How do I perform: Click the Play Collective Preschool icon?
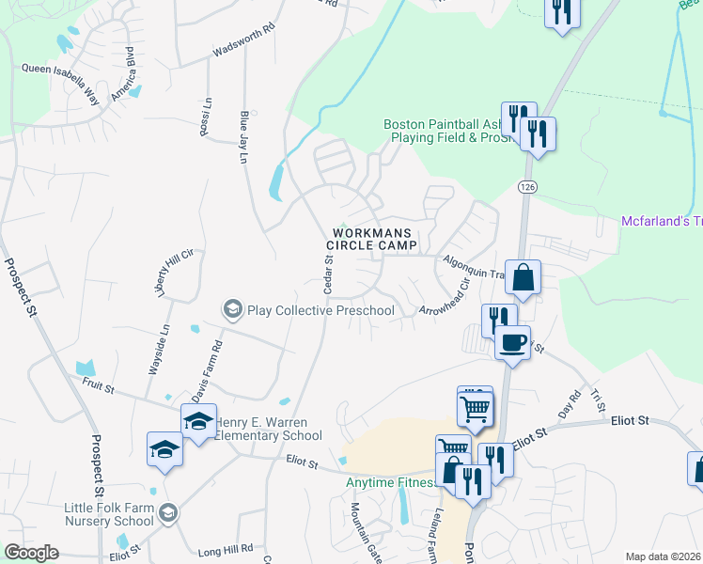point(232,308)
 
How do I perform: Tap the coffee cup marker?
point(512,342)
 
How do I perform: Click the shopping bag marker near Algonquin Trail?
point(523,277)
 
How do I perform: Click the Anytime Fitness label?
point(392,483)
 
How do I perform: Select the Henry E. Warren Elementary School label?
point(268,429)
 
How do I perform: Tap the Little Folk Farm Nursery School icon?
point(168,511)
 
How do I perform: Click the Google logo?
point(32,553)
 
